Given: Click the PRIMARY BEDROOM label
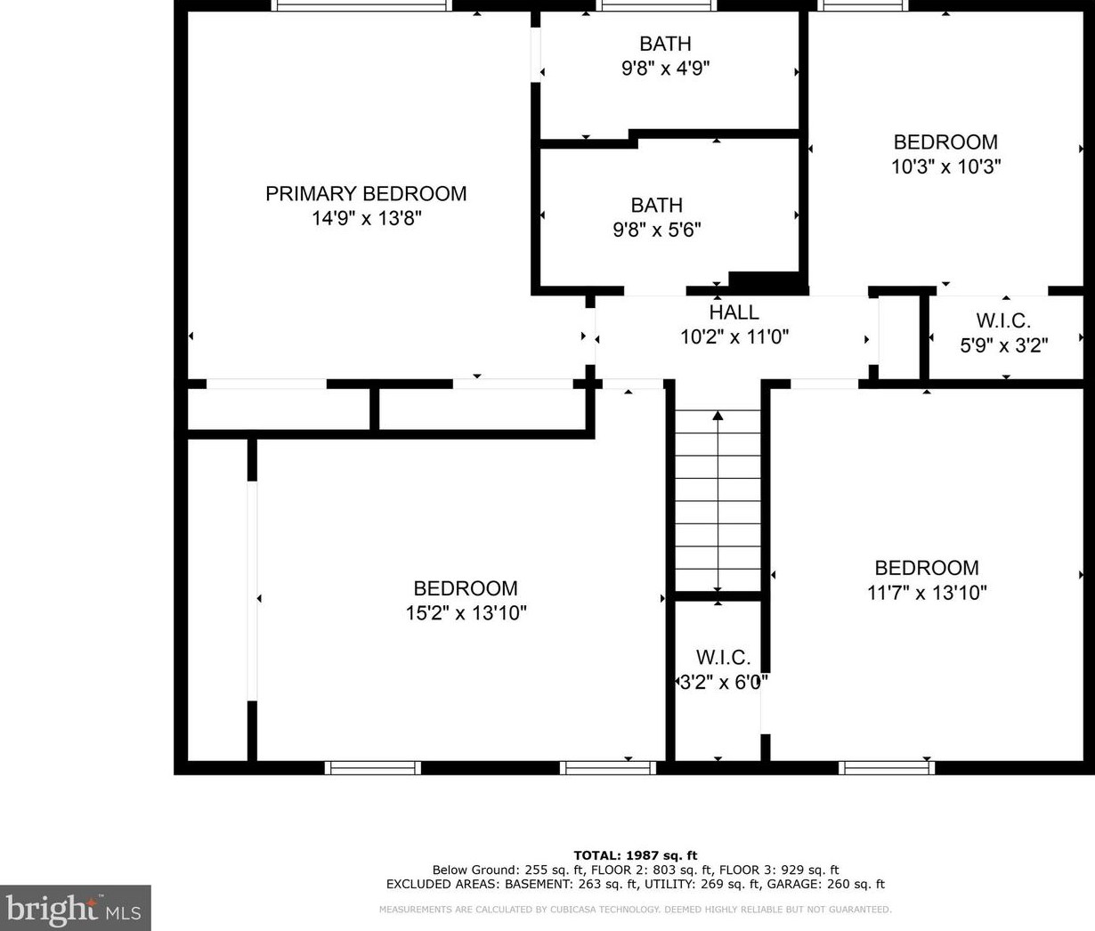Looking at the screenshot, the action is [366, 194].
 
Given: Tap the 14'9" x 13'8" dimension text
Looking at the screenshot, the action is [366, 218].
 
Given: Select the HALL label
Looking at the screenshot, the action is [734, 312].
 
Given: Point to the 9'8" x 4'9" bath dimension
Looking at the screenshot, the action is [665, 69].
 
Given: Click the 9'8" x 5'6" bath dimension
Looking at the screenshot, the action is [657, 230].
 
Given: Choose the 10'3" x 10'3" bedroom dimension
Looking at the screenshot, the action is [946, 166].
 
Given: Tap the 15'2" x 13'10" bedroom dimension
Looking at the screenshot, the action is [466, 613].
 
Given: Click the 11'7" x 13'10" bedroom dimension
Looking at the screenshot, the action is [927, 593].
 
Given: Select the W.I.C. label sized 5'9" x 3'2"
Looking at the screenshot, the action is [1004, 321].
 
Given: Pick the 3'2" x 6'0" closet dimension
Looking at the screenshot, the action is [724, 683].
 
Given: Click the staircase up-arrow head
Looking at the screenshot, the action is [718, 415].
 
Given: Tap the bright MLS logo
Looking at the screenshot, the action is [75, 908].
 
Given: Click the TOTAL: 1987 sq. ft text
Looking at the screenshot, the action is [636, 855].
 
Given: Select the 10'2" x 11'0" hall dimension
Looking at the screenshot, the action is [734, 336].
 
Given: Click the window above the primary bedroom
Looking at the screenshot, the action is [361, 5].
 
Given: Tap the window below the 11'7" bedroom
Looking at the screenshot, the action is [887, 768].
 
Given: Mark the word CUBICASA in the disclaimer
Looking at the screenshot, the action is [565, 910].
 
